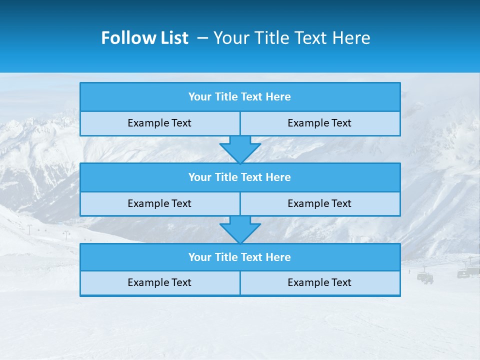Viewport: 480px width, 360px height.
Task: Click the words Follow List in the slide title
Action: click(x=144, y=38)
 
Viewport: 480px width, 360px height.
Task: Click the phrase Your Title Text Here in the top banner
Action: click(x=291, y=38)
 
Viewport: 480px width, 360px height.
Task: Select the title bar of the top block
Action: click(x=240, y=97)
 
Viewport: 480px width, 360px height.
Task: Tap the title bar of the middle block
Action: click(x=240, y=177)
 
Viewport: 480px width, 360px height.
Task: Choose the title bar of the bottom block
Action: click(x=240, y=257)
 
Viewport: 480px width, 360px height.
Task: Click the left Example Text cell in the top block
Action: click(x=159, y=123)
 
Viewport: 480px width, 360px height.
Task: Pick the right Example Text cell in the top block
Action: click(x=319, y=123)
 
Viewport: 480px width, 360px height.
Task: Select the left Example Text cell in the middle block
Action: click(x=159, y=203)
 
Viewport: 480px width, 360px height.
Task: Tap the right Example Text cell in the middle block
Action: click(x=319, y=203)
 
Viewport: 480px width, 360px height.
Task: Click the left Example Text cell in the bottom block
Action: click(x=159, y=282)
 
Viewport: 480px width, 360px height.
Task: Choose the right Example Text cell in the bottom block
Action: click(x=319, y=282)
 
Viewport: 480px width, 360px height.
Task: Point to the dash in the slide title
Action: click(x=203, y=38)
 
